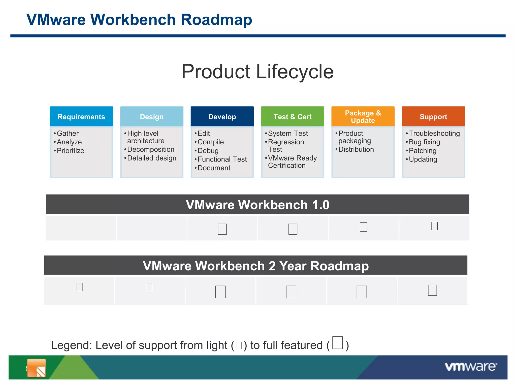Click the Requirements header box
click(x=81, y=117)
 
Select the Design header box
click(x=152, y=117)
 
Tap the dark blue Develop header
click(x=222, y=117)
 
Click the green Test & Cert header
click(x=293, y=117)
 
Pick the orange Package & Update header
click(x=363, y=117)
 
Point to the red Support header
click(x=433, y=117)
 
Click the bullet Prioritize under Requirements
click(x=70, y=151)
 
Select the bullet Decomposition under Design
click(x=151, y=149)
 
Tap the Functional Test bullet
click(x=222, y=159)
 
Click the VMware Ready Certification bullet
click(x=292, y=162)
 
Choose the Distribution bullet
click(x=356, y=149)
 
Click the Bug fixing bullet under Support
click(x=424, y=142)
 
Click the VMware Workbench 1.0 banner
click(x=257, y=204)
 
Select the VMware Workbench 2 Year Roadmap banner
click(x=256, y=266)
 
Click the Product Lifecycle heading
click(x=257, y=72)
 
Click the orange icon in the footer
click(x=37, y=368)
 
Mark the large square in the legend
click(x=337, y=343)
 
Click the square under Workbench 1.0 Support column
click(x=434, y=226)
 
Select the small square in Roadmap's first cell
click(x=79, y=287)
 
